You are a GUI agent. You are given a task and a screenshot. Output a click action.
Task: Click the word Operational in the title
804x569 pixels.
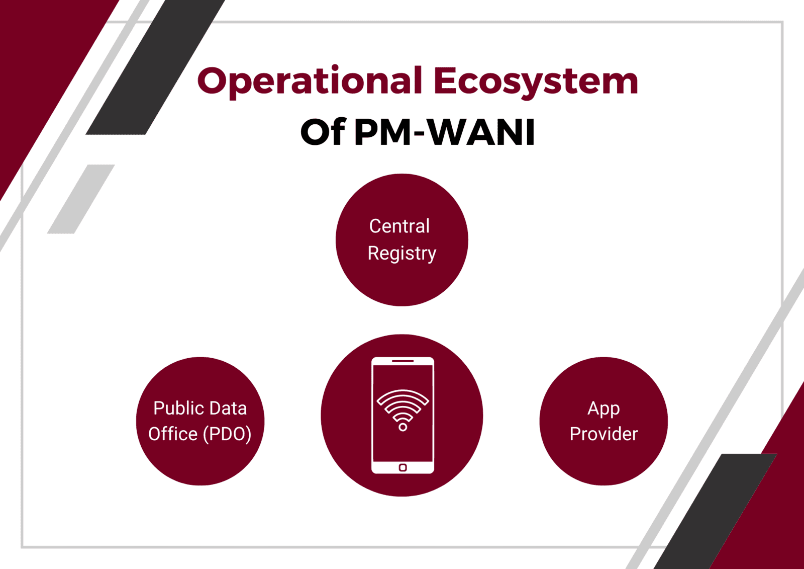(310, 82)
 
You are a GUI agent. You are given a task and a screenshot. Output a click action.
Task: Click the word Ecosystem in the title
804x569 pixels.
(536, 82)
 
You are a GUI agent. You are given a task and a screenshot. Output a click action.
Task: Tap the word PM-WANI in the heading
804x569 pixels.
(445, 132)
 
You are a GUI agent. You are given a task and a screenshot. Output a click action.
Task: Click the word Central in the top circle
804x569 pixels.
(399, 226)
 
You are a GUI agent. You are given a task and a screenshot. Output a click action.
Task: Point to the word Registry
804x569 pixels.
(402, 254)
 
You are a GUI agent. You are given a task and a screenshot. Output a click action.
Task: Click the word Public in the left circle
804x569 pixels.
(178, 408)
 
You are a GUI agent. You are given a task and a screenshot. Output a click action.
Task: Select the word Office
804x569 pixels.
(173, 434)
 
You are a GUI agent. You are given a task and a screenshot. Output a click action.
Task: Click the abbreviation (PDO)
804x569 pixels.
(227, 434)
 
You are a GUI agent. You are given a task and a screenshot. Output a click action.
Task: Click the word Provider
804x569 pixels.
(604, 434)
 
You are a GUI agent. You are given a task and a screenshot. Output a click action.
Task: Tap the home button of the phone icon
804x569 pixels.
(403, 468)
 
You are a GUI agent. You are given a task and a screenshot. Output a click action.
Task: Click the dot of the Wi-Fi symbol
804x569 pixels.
(403, 427)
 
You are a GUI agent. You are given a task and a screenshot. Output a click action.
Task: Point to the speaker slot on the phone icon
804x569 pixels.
(403, 361)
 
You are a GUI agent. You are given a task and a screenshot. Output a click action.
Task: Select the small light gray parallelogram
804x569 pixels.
(81, 199)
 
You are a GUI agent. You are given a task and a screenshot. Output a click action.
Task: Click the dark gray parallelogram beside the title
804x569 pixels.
(155, 67)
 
